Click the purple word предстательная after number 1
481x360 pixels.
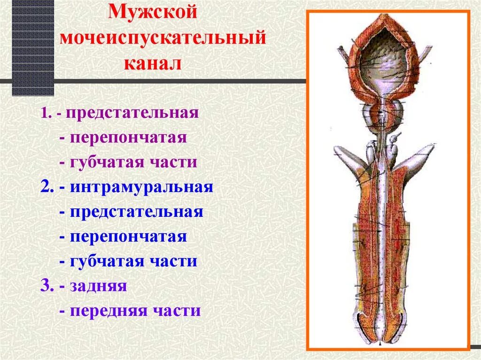coord(132,113)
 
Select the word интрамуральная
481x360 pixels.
coord(142,187)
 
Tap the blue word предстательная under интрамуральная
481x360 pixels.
coord(137,212)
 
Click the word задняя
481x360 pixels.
coord(99,286)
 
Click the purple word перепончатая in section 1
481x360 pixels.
coord(129,138)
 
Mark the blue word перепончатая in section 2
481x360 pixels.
coord(129,237)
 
